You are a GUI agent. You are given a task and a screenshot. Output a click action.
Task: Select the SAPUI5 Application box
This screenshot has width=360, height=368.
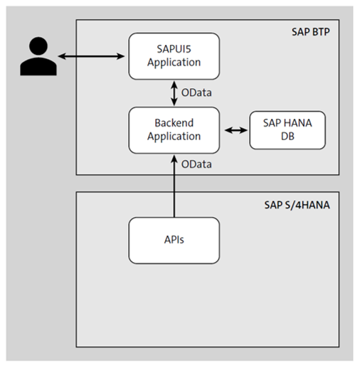tap(174, 56)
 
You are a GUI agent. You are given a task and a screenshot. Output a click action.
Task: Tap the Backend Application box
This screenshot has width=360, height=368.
tap(174, 130)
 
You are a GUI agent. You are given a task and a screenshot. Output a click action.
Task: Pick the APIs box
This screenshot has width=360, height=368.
tap(174, 240)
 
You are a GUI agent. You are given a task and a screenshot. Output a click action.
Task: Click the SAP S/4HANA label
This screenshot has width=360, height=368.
tap(301, 205)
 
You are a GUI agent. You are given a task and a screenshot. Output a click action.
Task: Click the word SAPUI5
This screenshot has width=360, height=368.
tap(174, 49)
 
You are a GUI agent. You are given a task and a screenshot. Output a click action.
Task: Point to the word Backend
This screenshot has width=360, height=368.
tap(174, 123)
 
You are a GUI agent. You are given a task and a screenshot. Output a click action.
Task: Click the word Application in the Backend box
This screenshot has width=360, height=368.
tap(174, 136)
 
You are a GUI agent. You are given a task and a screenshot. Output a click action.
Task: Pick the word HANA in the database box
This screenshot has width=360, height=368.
tap(291, 123)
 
